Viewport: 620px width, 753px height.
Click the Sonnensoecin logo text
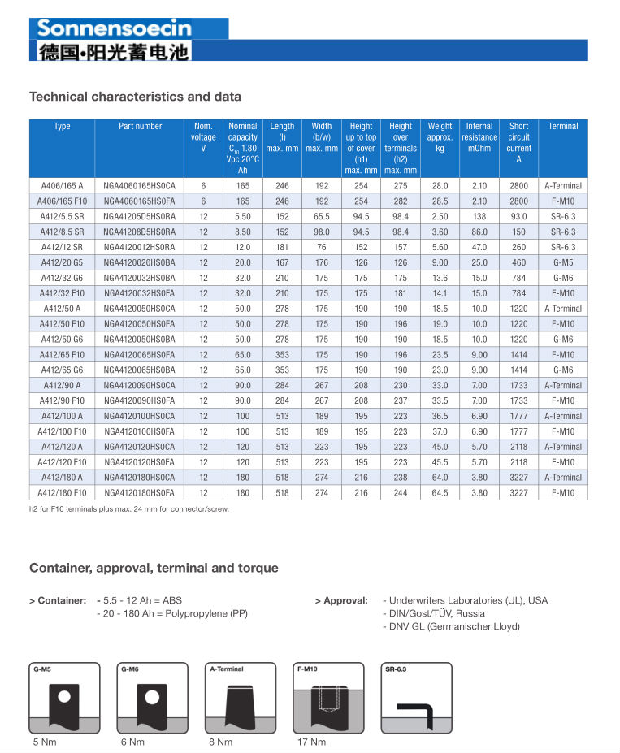click(114, 28)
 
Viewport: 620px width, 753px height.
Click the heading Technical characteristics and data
click(135, 97)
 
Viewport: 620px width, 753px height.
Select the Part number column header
click(140, 126)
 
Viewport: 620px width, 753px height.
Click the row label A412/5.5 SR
click(62, 217)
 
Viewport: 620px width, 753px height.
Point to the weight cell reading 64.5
click(440, 493)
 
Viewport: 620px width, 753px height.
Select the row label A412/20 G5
click(62, 262)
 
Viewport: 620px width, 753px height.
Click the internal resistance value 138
click(479, 217)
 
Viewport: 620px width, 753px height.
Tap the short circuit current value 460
click(518, 262)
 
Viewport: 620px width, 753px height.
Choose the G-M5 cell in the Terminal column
click(563, 262)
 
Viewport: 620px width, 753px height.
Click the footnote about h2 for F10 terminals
click(129, 509)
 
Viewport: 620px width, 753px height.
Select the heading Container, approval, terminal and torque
click(154, 568)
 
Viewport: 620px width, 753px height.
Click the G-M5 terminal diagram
click(64, 698)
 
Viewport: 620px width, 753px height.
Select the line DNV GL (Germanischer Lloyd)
click(451, 626)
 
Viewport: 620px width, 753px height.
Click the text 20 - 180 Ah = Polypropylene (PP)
click(171, 613)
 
